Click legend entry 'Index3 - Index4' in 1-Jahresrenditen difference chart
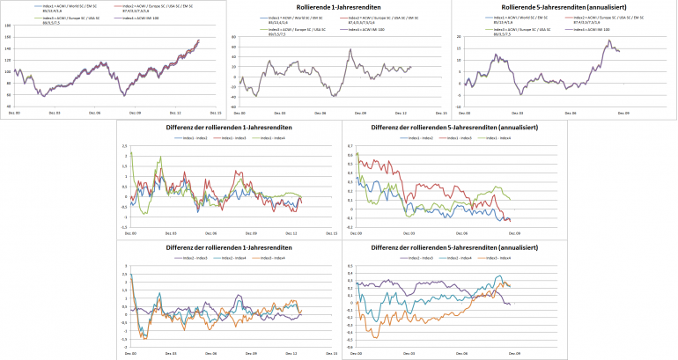pos(277,257)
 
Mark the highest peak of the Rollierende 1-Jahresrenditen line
pos(350,49)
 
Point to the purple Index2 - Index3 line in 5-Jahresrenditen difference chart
pos(423,284)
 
